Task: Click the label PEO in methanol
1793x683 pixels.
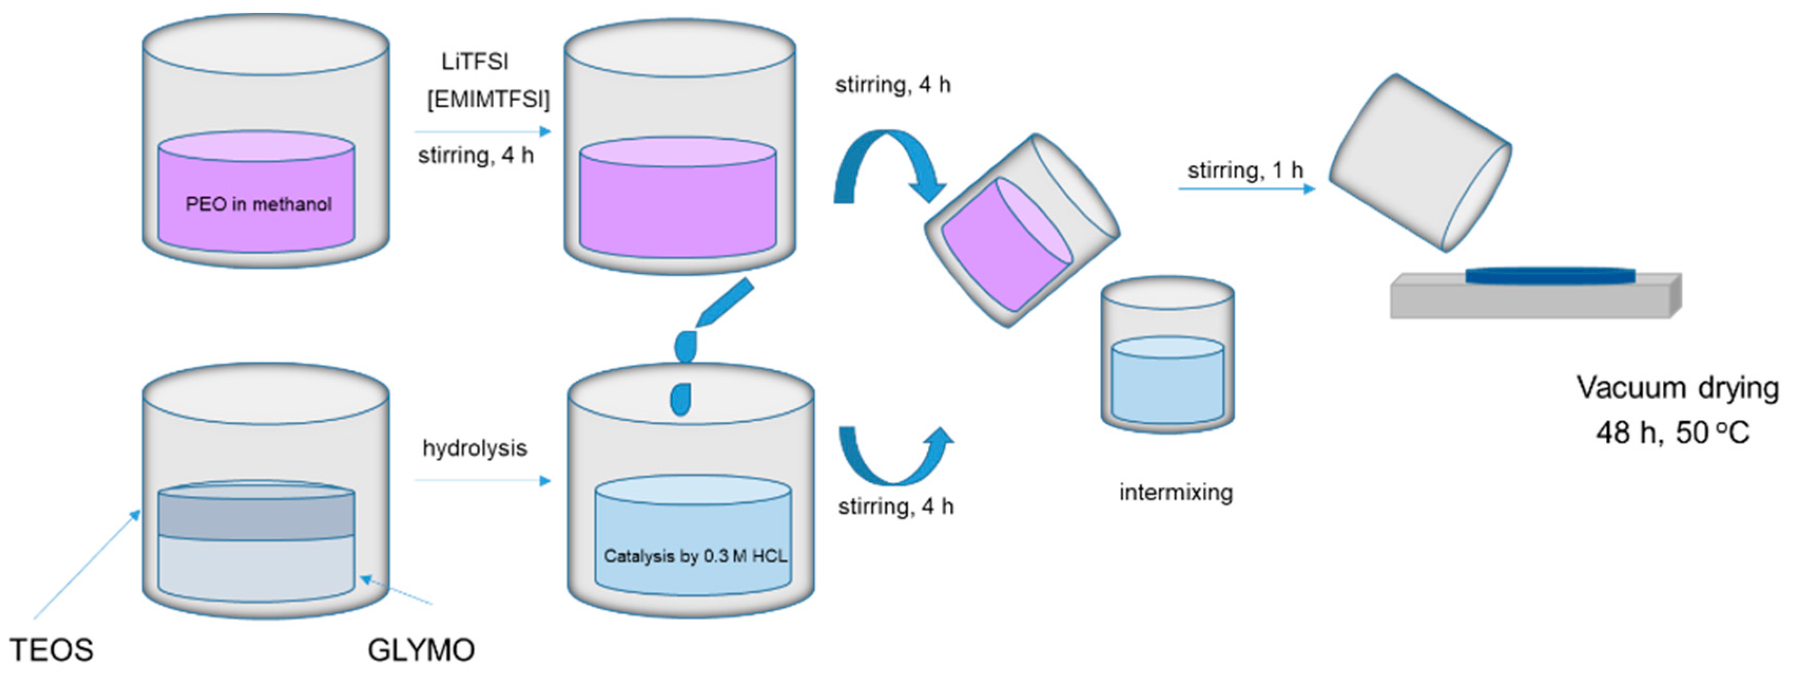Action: pyautogui.click(x=258, y=204)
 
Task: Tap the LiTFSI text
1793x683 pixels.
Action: pyautogui.click(x=475, y=62)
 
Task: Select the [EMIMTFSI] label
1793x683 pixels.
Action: pyautogui.click(x=488, y=100)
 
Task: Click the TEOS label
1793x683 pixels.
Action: pyautogui.click(x=52, y=650)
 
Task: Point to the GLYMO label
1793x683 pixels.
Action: pyautogui.click(x=421, y=650)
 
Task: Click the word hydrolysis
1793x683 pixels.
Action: pyautogui.click(x=475, y=448)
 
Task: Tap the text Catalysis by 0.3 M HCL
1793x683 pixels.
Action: pyautogui.click(x=695, y=555)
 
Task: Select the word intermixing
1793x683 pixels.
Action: pyautogui.click(x=1176, y=492)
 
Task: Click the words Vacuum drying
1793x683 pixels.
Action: pyautogui.click(x=1677, y=388)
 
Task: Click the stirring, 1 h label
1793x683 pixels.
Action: pyautogui.click(x=1244, y=170)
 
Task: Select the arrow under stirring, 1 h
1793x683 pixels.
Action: pyautogui.click(x=1246, y=188)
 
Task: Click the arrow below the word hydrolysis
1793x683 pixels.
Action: pyautogui.click(x=482, y=480)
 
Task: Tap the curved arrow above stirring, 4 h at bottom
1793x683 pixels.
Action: pyautogui.click(x=894, y=456)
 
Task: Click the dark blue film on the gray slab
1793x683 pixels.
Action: pyautogui.click(x=1550, y=276)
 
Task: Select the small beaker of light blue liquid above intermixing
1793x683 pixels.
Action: pyautogui.click(x=1167, y=355)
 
